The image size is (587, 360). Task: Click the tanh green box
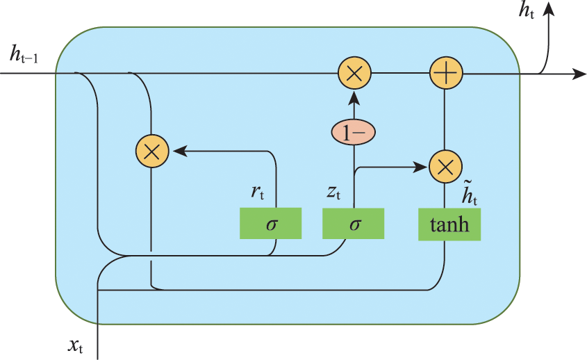point(449,224)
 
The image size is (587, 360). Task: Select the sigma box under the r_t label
point(271,224)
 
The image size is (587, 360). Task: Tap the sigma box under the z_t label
point(354,224)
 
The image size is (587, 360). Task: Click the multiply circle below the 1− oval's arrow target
point(354,73)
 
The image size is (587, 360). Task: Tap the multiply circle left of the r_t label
point(151,150)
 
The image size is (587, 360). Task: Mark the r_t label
point(257,193)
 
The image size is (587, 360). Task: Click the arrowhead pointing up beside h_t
point(549,9)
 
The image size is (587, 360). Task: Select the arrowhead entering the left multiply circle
point(176,150)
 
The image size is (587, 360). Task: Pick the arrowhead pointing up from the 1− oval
point(354,97)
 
